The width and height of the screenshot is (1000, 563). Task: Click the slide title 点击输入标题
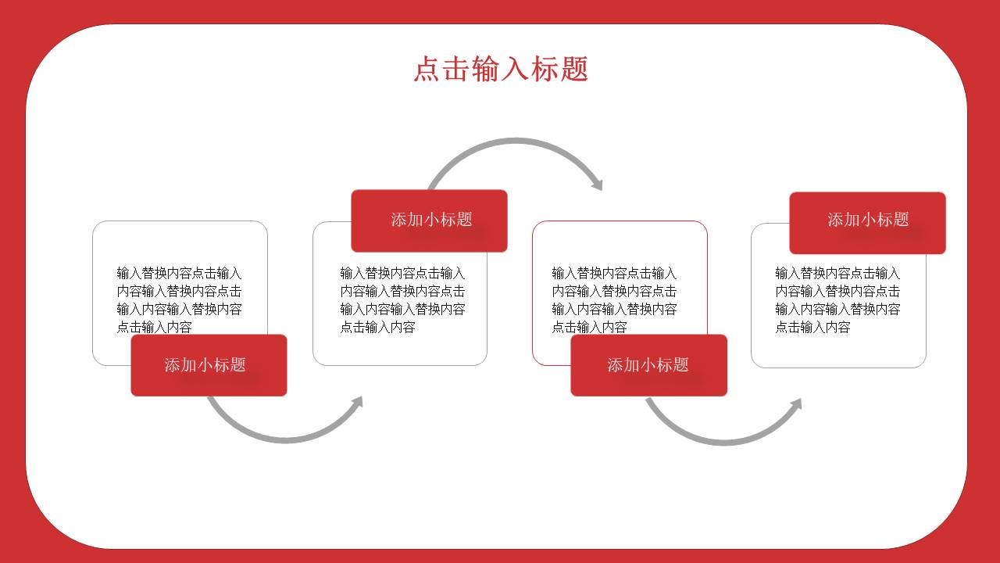tap(501, 69)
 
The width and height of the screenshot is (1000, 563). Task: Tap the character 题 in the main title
tap(574, 69)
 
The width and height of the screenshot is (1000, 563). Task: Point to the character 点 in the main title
tap(427, 69)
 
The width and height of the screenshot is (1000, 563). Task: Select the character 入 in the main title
tap(516, 69)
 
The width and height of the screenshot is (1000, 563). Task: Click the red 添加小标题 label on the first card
tap(209, 365)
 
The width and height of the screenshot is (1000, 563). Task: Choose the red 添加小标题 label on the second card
tap(429, 221)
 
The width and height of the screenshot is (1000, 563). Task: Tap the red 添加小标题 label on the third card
tap(648, 365)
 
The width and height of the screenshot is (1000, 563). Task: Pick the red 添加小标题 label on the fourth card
tap(867, 223)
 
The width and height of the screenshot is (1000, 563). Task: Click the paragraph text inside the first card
tap(179, 299)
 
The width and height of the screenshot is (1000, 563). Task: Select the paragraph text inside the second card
tap(402, 299)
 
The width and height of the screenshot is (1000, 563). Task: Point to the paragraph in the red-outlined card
tap(614, 299)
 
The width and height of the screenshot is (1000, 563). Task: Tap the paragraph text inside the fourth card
tap(837, 299)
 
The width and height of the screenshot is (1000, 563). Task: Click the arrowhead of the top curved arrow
tap(598, 184)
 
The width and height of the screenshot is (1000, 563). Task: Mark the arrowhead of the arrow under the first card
tap(358, 402)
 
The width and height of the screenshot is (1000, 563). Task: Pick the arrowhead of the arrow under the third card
tap(796, 404)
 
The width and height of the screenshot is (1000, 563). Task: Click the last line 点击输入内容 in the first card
tap(154, 327)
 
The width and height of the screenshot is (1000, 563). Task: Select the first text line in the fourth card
tap(837, 273)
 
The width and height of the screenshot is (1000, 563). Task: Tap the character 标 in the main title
tap(545, 69)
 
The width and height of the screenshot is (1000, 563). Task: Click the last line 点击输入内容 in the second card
tap(377, 327)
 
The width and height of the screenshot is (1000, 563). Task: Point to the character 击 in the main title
tap(457, 69)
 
